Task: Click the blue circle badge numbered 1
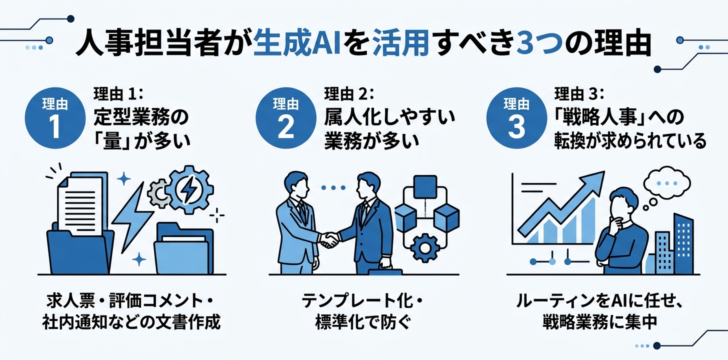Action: click(x=54, y=118)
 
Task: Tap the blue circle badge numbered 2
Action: click(x=285, y=118)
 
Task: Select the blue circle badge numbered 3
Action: click(x=516, y=118)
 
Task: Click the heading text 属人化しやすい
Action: click(x=390, y=118)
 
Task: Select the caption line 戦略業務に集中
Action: click(x=599, y=322)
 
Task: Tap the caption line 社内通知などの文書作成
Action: click(x=131, y=322)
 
